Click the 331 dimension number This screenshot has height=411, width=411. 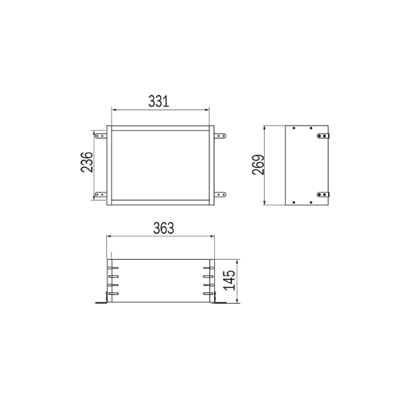[159, 101]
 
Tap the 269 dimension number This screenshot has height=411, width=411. [258, 164]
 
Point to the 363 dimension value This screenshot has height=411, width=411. [163, 228]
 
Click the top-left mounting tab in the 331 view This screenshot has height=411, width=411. [101, 136]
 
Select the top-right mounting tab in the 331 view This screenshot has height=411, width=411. [220, 136]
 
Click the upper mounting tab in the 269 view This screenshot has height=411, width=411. [324, 136]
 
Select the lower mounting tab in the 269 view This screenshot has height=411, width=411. [324, 194]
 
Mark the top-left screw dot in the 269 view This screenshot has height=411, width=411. [293, 128]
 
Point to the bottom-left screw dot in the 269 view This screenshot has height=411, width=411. [293, 202]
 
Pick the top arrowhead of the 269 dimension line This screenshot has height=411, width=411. [266, 128]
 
